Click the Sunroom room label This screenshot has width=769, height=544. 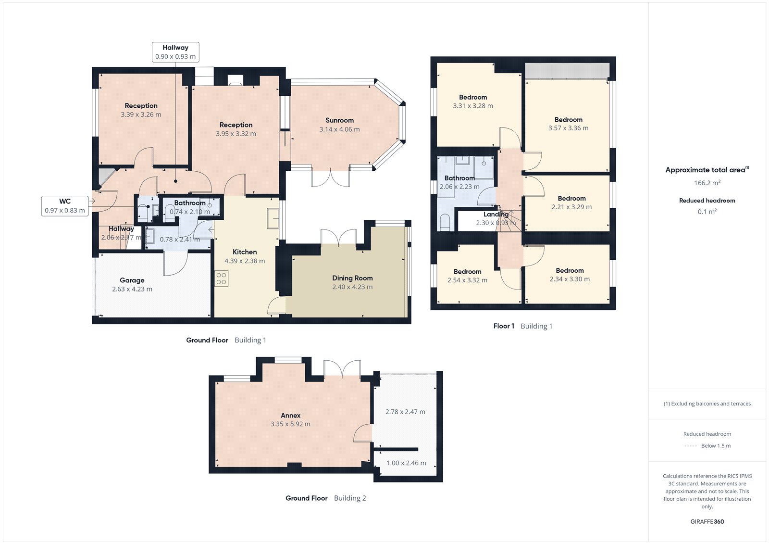click(x=339, y=120)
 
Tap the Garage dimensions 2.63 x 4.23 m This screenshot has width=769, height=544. click(x=132, y=289)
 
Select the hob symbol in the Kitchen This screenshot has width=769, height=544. click(x=222, y=278)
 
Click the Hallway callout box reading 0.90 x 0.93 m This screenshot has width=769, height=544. click(x=175, y=52)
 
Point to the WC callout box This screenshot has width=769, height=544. click(x=65, y=206)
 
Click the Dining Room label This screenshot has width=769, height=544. click(x=352, y=278)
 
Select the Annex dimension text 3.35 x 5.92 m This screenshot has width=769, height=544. click(x=290, y=424)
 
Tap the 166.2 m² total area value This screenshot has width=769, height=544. click(x=707, y=183)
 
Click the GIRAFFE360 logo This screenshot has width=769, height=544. click(x=707, y=521)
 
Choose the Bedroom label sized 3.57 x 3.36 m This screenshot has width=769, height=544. click(x=569, y=120)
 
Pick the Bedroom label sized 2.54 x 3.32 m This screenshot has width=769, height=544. click(x=467, y=272)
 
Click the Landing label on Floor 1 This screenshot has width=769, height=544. click(x=496, y=215)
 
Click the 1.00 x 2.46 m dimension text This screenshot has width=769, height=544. click(x=406, y=463)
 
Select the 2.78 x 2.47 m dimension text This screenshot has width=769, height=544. click(x=405, y=412)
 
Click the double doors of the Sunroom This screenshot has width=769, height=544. click(x=330, y=178)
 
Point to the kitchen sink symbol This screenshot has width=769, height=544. click(x=273, y=218)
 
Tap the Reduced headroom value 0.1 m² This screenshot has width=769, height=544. click(x=707, y=212)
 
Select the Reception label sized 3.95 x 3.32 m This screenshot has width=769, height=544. click(x=236, y=125)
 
